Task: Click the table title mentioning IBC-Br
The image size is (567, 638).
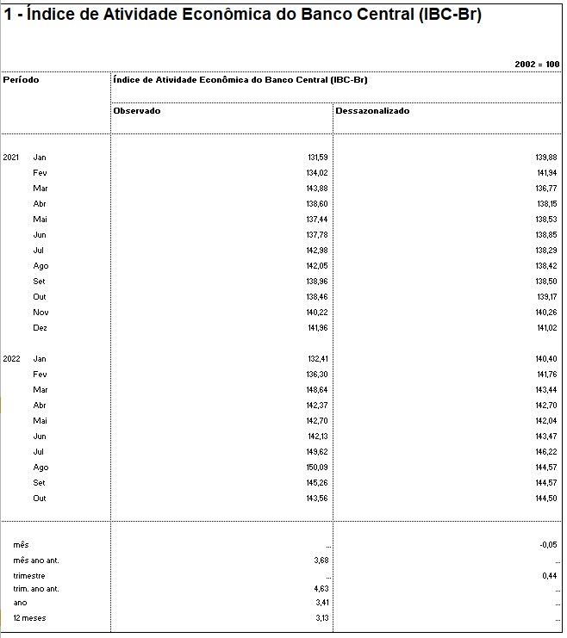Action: tap(243, 16)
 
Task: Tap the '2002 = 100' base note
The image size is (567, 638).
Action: tap(537, 65)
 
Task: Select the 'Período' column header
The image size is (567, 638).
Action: tap(21, 80)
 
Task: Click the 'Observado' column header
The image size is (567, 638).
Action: tap(137, 111)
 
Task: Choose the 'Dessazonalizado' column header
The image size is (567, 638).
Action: tap(372, 111)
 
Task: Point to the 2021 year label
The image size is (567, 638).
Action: tap(11, 158)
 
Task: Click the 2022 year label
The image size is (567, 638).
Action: tap(11, 359)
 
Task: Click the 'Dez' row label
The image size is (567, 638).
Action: tap(40, 328)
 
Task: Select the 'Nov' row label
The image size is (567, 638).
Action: tap(40, 313)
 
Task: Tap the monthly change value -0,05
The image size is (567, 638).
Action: tap(548, 545)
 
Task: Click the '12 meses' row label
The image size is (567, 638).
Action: tap(29, 618)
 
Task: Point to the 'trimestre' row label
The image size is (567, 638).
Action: tap(29, 576)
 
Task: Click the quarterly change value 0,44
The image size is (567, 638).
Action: tap(550, 576)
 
